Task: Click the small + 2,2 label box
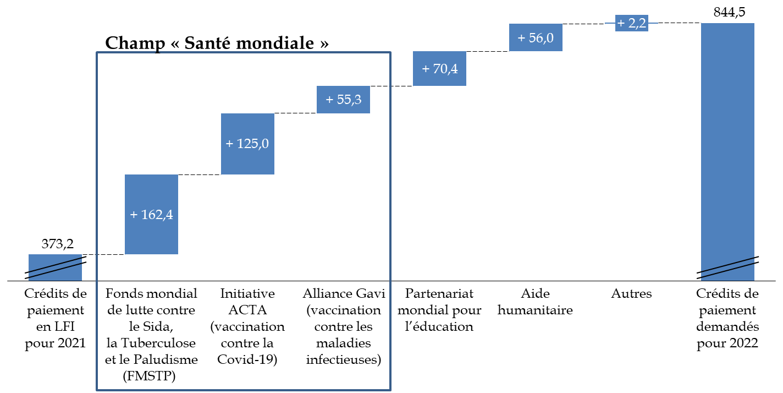coord(631,23)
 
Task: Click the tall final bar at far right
coord(727,138)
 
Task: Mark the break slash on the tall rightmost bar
coord(727,268)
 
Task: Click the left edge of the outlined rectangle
coord(97,220)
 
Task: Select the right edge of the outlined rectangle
coord(390,220)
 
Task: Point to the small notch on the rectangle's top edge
coord(158,52)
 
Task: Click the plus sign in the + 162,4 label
coord(134,215)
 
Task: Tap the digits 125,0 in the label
coord(253,144)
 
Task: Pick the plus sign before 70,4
coord(426,69)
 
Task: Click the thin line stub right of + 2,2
coord(653,23)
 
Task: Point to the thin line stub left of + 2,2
coord(610,23)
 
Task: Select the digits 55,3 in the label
coord(349,100)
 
